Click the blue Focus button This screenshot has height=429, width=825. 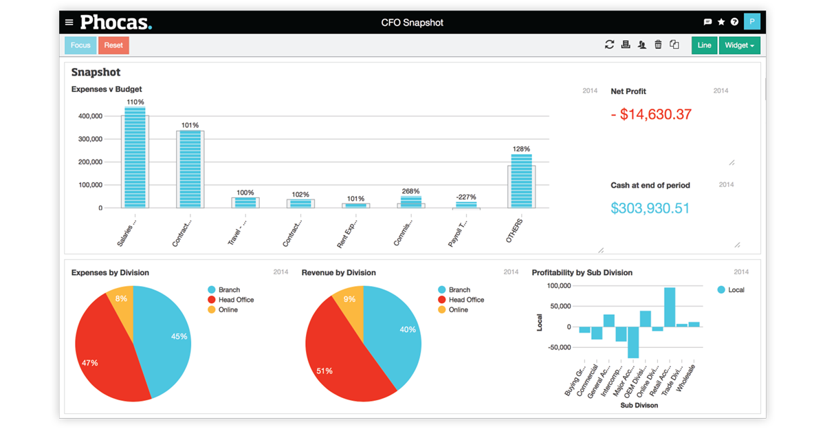(80, 45)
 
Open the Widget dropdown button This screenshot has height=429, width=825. (739, 45)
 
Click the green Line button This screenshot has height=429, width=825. (704, 45)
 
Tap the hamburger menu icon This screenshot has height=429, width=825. (69, 22)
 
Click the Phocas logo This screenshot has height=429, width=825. (115, 22)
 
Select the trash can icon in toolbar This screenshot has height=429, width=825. (658, 45)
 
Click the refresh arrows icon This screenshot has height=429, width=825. (609, 45)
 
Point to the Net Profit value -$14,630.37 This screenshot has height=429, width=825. (651, 114)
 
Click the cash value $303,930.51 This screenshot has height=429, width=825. (650, 208)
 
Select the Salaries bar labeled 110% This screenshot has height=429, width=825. (135, 158)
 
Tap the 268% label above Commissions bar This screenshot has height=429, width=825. (411, 191)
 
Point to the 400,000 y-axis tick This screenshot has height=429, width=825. (91, 116)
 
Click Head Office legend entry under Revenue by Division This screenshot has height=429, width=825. (466, 300)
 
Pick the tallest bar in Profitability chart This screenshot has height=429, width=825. (669, 307)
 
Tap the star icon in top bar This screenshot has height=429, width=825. (721, 22)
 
